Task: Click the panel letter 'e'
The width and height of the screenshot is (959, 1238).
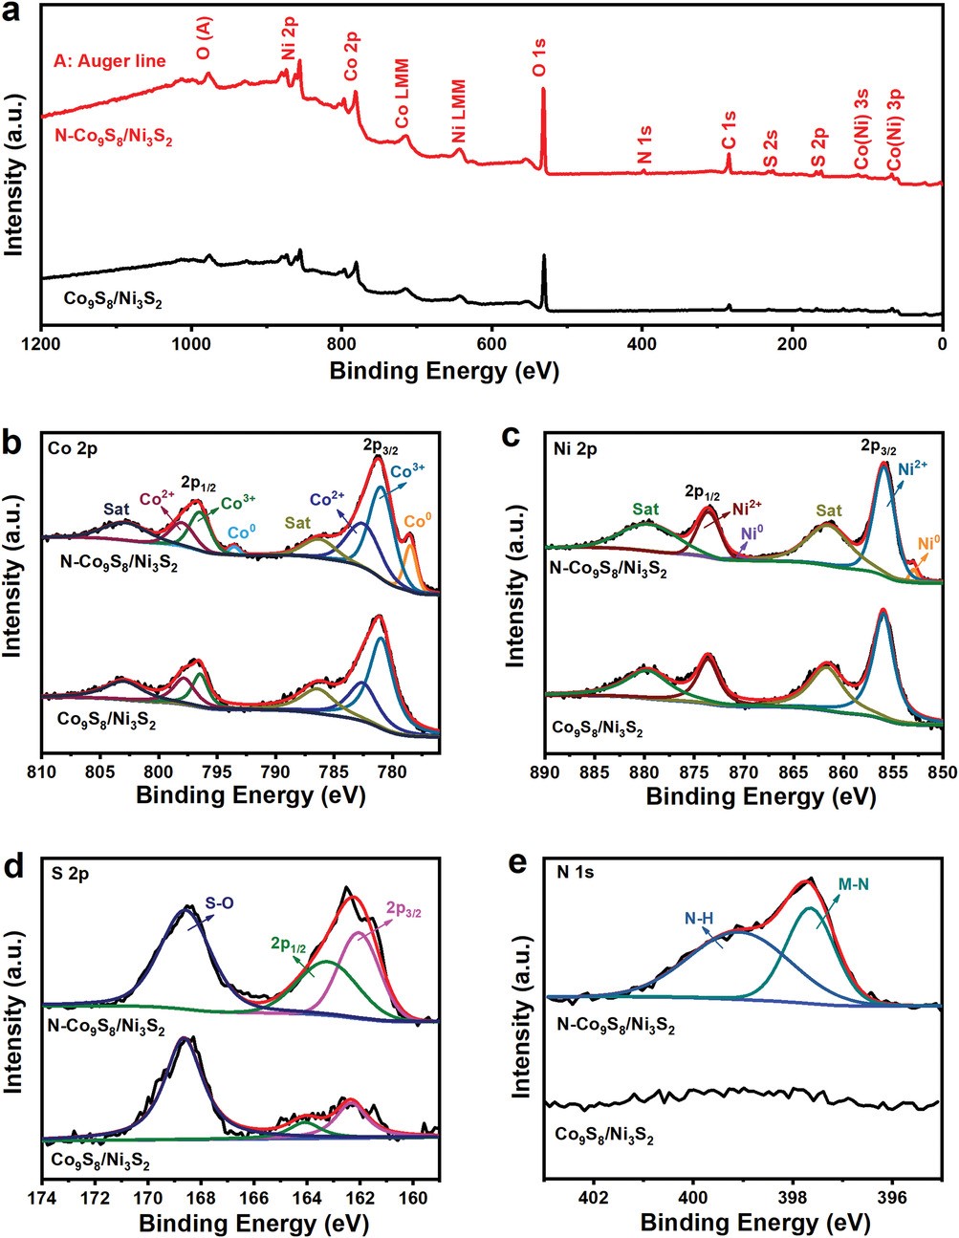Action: [x=516, y=861]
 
